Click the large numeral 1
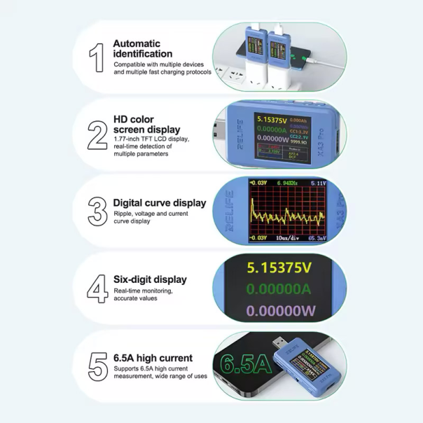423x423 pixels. coord(97,58)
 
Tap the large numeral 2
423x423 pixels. coord(97,134)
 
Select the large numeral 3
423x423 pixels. coord(97,211)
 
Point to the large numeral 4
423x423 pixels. coord(97,287)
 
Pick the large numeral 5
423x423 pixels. coord(97,365)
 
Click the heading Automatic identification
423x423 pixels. coord(142,48)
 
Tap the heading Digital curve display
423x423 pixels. coord(160,203)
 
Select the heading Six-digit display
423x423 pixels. coord(150,279)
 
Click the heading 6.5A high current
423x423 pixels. coord(153,358)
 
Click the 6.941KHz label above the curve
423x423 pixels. coord(286,183)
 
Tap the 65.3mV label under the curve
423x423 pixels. coord(315,238)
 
